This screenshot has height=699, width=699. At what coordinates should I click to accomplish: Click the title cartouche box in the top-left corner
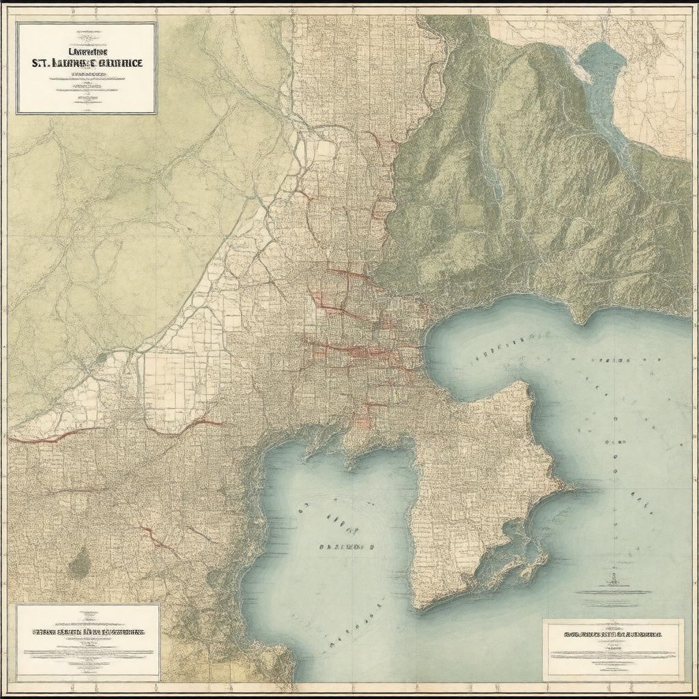pyautogui.click(x=87, y=68)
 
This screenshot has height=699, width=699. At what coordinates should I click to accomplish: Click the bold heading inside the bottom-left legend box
pyautogui.click(x=87, y=632)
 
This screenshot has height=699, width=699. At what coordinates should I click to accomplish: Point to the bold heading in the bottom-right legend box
pyautogui.click(x=612, y=634)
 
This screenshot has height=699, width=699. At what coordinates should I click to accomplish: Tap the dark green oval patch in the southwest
pyautogui.click(x=81, y=562)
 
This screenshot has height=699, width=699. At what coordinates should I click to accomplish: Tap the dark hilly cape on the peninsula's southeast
pyautogui.click(x=519, y=553)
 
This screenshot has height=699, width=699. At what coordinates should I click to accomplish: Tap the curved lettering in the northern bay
pyautogui.click(x=509, y=345)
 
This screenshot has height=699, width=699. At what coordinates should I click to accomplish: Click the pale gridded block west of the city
pyautogui.click(x=171, y=382)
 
